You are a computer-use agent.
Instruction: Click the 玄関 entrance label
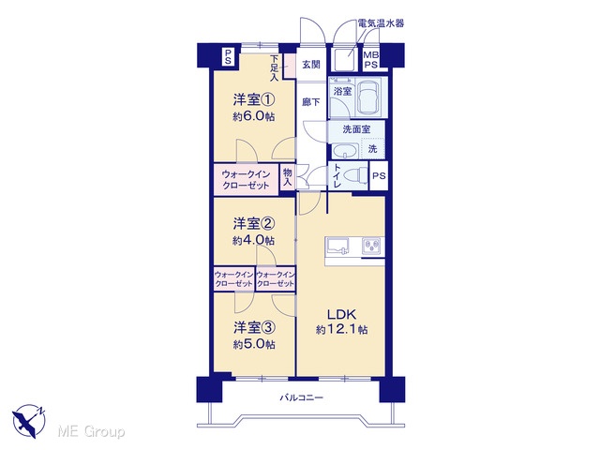pos(311,65)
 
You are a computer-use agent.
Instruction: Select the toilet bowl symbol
pos(355,175)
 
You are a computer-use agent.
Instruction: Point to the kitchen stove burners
pos(371,246)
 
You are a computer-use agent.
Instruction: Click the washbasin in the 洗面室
pos(345,150)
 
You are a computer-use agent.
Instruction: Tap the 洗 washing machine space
pos(373,149)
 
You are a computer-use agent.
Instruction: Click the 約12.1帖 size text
pos(341,329)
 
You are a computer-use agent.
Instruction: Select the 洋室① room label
pos(254,100)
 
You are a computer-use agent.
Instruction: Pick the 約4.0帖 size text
pos(253,240)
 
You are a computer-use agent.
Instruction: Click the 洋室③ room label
pos(254,327)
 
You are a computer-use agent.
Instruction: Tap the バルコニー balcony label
pos(302,397)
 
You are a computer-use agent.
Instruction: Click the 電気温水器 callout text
pos(381,23)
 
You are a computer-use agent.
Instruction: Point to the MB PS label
pos(370,60)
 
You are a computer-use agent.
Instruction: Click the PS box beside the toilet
pos(379,175)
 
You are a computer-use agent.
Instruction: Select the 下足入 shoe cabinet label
pos(274,68)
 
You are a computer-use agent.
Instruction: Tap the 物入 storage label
pos(287,177)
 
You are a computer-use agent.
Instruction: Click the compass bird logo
pos(29,421)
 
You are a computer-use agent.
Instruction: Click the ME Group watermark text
pos(91,432)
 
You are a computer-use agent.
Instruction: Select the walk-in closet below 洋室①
pos(246,180)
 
